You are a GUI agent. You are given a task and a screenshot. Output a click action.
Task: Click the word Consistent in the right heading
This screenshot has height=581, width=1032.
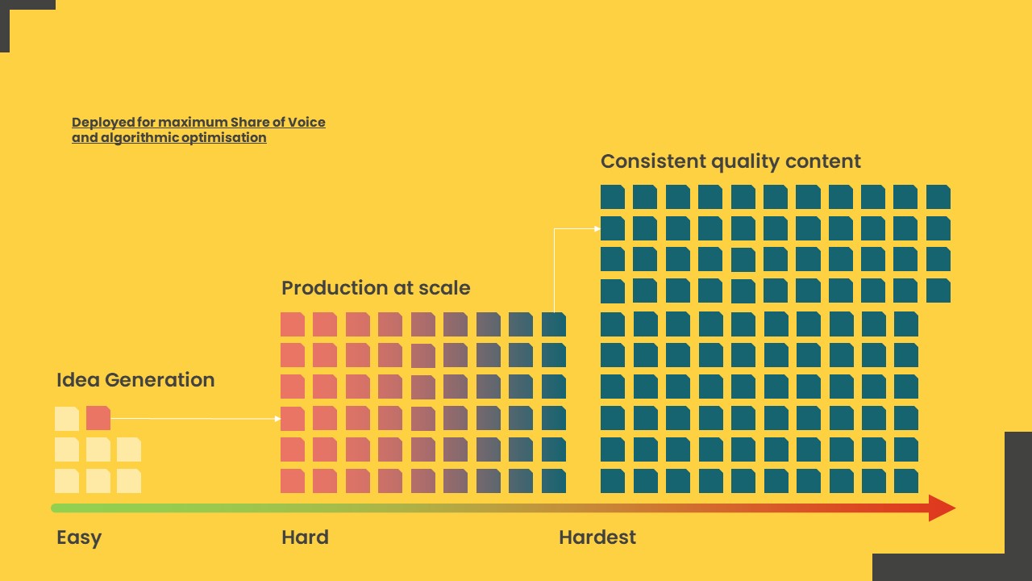point(654,161)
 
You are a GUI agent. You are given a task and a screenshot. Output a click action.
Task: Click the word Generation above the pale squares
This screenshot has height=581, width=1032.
point(160,380)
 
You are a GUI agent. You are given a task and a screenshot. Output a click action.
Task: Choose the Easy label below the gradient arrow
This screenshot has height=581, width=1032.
point(79,538)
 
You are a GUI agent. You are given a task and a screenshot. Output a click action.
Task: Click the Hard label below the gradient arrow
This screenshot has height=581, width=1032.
point(305,537)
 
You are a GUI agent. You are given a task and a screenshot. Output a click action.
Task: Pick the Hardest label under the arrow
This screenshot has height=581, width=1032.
point(597,537)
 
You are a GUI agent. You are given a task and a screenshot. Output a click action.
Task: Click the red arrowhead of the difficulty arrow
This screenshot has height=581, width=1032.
point(942,508)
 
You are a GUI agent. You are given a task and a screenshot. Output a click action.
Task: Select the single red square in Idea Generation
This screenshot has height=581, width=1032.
point(98,418)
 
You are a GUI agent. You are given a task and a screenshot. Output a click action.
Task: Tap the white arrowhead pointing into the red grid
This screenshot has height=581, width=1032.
point(277,419)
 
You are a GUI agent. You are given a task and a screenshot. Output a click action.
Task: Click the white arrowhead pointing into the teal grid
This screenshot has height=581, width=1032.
point(597,228)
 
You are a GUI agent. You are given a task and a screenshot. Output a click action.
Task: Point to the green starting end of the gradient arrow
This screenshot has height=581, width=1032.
point(54,508)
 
